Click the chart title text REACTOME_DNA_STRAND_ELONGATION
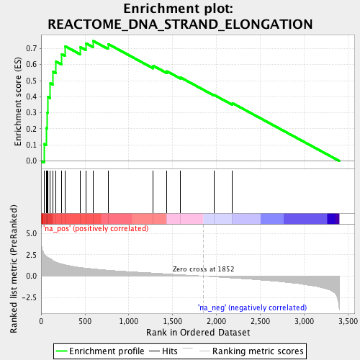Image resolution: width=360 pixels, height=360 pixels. (180, 24)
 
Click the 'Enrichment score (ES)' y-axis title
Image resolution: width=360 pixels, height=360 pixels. (19, 102)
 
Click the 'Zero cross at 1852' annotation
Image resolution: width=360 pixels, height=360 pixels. (203, 269)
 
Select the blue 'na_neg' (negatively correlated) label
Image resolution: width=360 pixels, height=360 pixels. (252, 307)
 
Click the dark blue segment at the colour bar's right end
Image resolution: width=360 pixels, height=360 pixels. (333, 219)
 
